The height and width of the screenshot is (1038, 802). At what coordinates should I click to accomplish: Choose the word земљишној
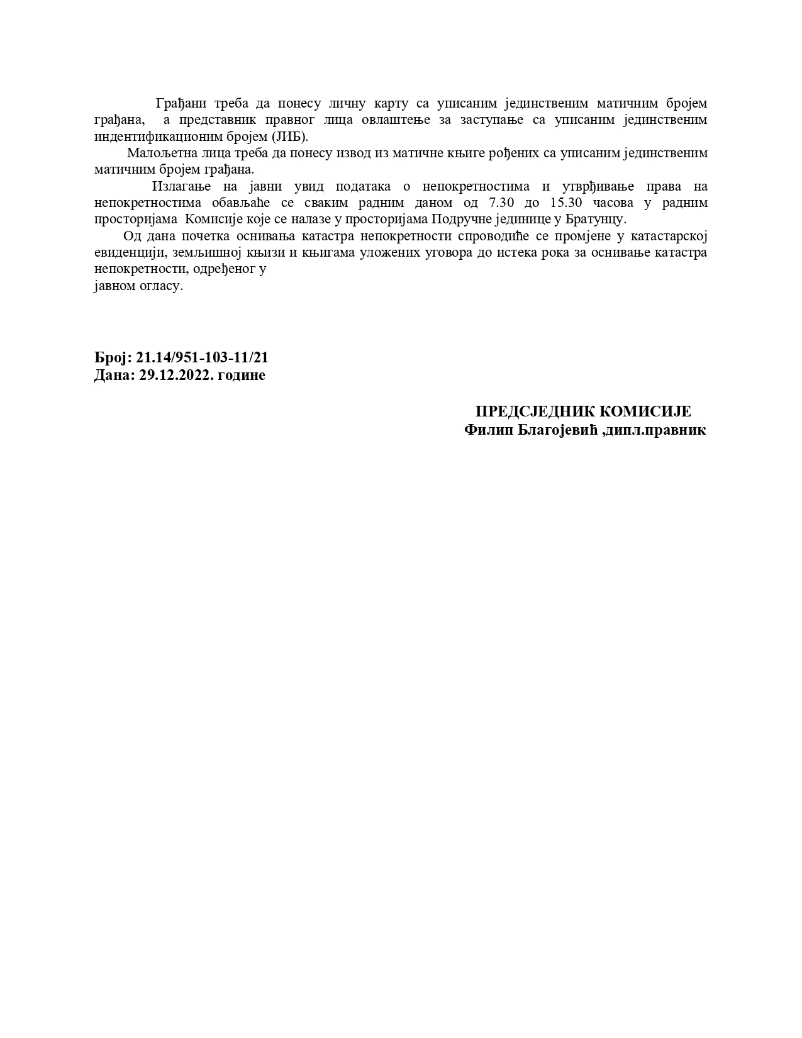[x=201, y=252]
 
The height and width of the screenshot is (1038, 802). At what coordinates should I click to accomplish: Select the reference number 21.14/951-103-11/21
[x=202, y=357]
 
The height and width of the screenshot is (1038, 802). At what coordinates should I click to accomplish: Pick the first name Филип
[x=484, y=430]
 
